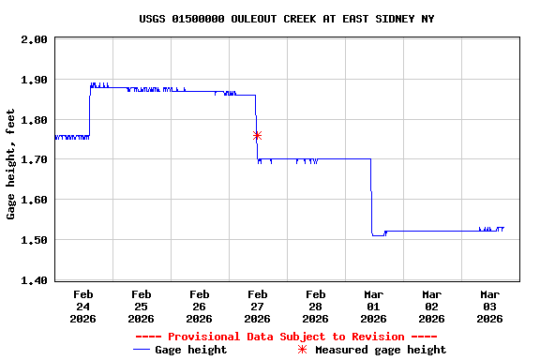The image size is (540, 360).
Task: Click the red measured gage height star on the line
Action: (x=257, y=136)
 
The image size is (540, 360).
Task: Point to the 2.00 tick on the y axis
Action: (x=36, y=39)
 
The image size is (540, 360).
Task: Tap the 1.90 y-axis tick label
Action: (x=36, y=80)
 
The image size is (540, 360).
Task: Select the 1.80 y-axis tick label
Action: (x=36, y=120)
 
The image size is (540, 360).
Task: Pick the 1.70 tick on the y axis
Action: (x=36, y=160)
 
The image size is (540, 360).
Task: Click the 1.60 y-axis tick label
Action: (x=36, y=200)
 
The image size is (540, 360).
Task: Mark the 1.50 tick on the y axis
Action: (x=36, y=240)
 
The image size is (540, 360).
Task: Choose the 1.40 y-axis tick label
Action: (x=36, y=280)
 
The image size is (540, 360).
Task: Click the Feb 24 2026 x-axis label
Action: (x=82, y=306)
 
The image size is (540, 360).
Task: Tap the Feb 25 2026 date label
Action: (x=141, y=306)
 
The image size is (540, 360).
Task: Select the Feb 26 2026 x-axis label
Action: (x=199, y=306)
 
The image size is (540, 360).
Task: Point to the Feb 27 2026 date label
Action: (x=257, y=306)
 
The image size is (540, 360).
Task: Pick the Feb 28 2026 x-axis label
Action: (x=315, y=306)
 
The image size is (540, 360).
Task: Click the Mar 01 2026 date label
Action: (x=373, y=306)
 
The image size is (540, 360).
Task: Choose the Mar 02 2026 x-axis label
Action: (x=431, y=306)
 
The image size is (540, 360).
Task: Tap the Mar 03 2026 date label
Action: (x=489, y=306)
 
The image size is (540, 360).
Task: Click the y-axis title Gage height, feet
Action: (x=10, y=165)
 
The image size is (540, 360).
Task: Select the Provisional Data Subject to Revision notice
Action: (x=286, y=337)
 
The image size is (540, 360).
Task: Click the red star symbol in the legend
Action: (x=302, y=350)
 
